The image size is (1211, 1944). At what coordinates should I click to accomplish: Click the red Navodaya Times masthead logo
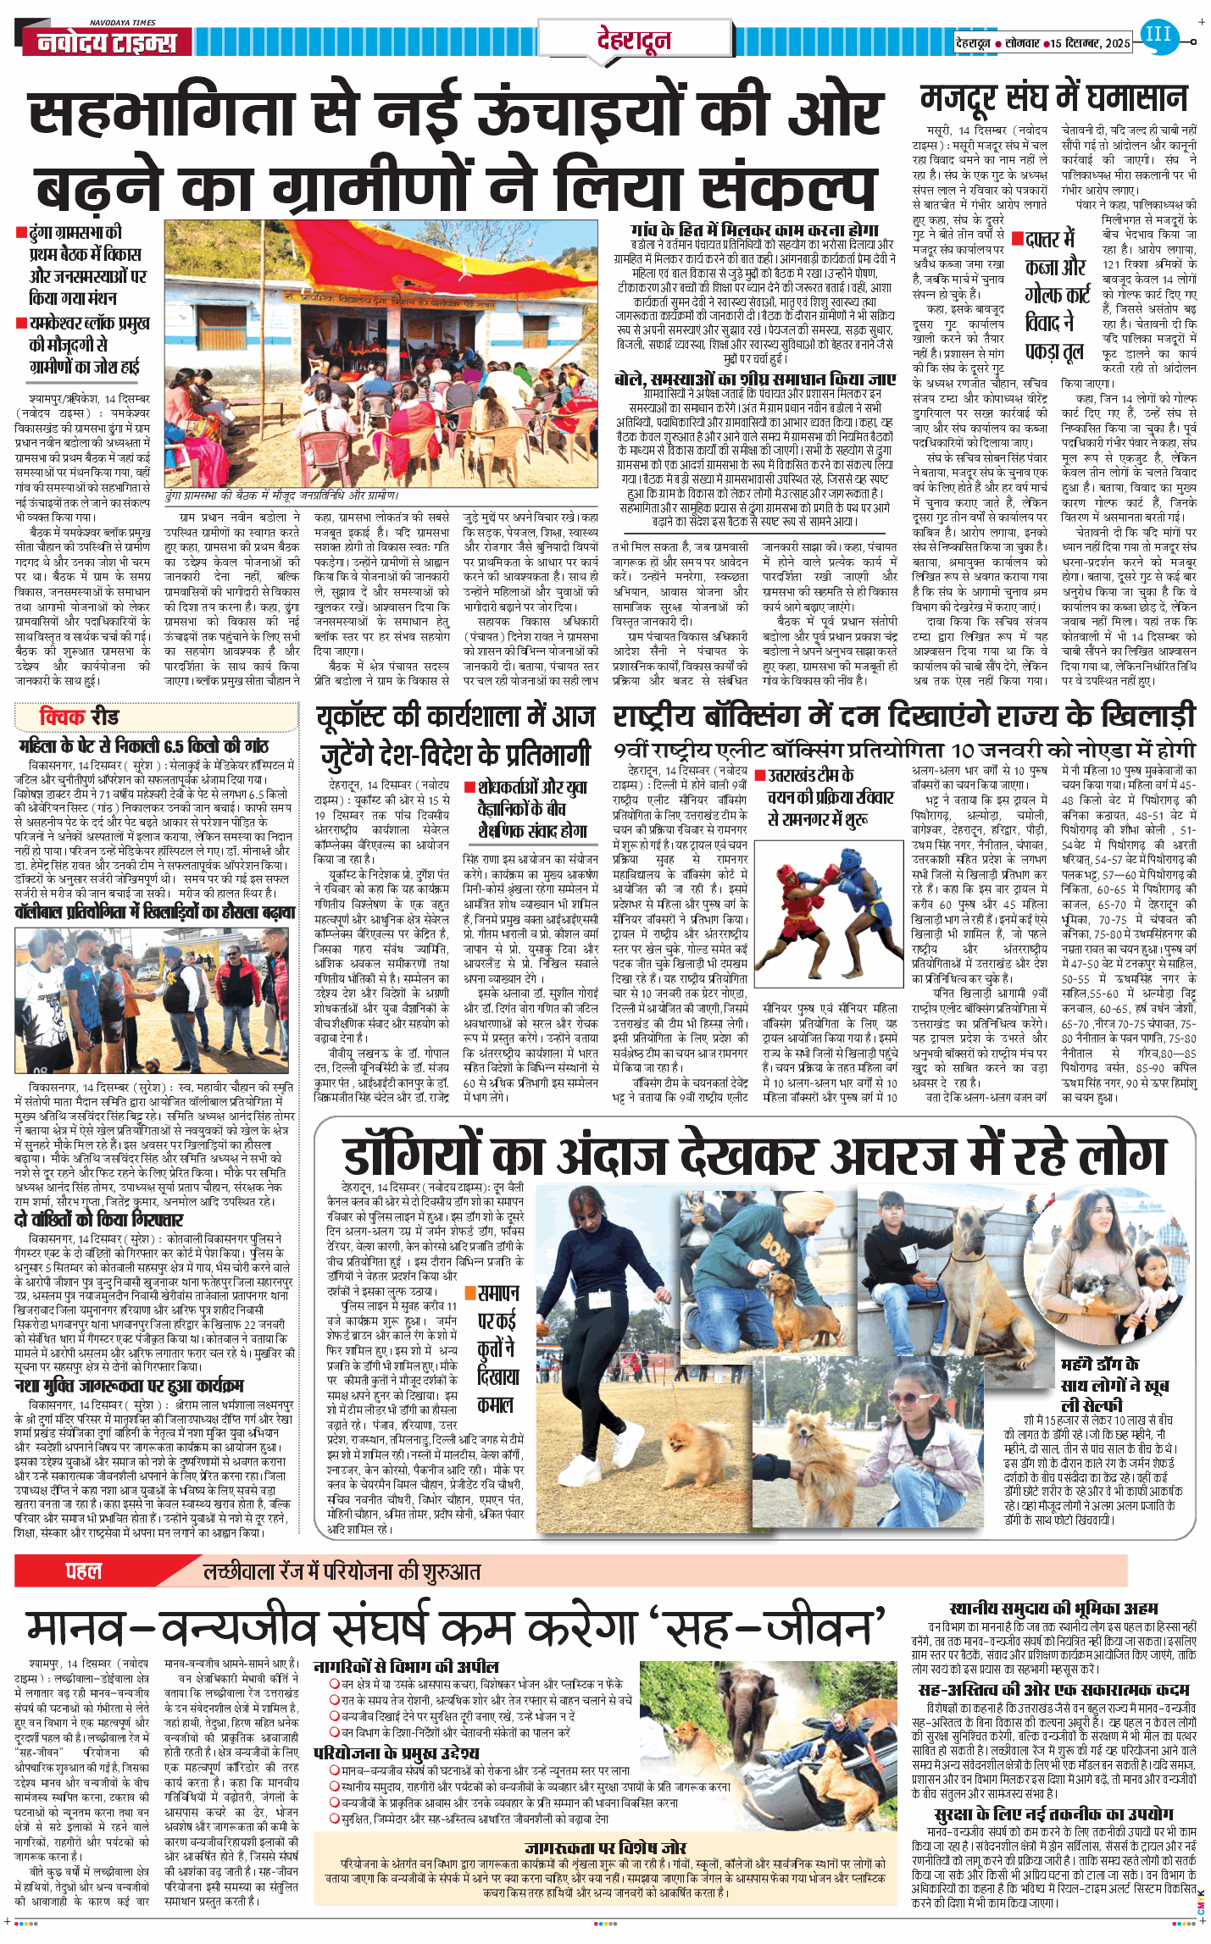[x=107, y=42]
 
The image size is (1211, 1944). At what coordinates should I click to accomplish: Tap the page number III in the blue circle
[x=1158, y=35]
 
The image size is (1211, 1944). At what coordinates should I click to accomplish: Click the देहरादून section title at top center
[x=634, y=39]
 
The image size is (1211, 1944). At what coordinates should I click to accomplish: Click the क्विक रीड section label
[x=80, y=717]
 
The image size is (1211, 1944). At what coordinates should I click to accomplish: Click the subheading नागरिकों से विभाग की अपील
[x=406, y=1666]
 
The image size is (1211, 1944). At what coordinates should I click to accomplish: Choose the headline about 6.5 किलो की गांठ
[x=143, y=745]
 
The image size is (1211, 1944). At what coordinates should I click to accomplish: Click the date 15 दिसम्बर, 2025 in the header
[x=1090, y=42]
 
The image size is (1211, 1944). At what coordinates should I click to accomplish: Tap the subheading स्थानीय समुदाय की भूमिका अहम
[x=1053, y=1608]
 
